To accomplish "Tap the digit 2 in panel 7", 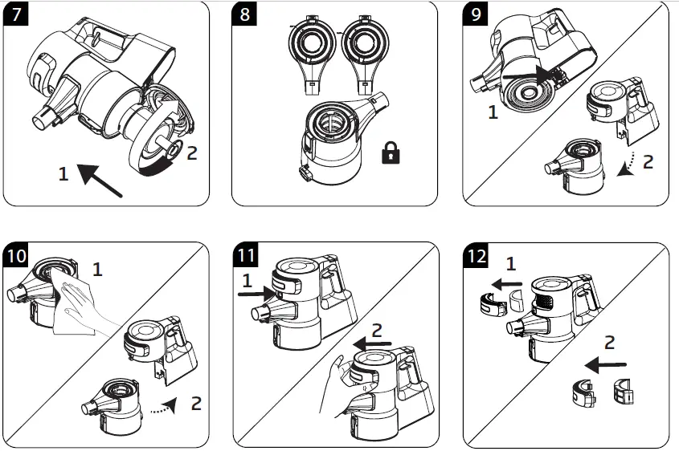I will [191, 152].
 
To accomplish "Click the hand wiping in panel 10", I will [86, 308].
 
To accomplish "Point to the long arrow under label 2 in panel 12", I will [607, 366].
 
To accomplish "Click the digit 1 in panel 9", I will [493, 113].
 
